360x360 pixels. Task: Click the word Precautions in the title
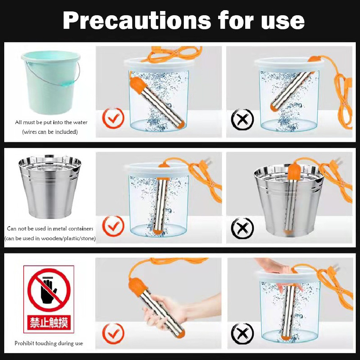[x=137, y=21]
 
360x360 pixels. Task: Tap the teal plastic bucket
[x=51, y=82]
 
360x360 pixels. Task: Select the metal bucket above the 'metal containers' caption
[x=50, y=186]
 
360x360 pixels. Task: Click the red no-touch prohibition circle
[x=49, y=290]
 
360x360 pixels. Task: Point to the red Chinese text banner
[x=49, y=322]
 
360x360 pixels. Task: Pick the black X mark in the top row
[x=242, y=119]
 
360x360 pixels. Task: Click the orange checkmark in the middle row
[x=113, y=227]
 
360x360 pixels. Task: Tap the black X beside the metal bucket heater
[x=242, y=228]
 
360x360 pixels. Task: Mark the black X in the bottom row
[x=242, y=333]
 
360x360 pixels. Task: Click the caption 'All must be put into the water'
[x=51, y=122]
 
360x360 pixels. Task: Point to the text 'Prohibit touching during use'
[x=49, y=343]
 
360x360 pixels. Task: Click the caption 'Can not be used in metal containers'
[x=50, y=229]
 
